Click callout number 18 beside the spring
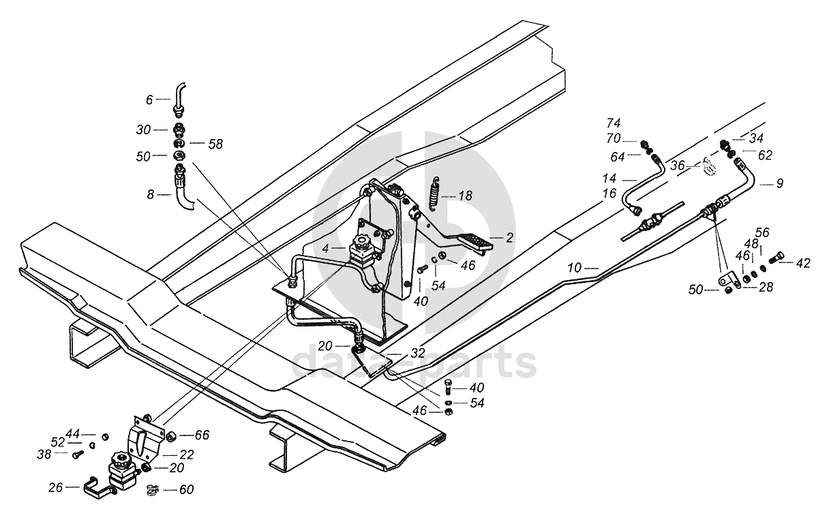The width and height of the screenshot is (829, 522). coord(465,196)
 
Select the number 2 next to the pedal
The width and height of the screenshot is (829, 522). coord(510,238)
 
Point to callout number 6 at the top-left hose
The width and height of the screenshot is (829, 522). coord(149,100)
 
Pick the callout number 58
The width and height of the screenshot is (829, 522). coord(215,144)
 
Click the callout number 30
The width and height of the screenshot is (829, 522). coord(143,130)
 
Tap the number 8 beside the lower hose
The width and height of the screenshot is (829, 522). coord(150,195)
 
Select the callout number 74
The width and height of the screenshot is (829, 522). coord(614,123)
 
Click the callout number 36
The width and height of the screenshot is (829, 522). coord(678,166)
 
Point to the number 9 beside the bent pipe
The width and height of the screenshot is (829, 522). coord(780,183)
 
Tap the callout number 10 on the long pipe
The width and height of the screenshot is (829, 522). coord(575,268)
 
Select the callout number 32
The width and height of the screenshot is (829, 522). coord(418,353)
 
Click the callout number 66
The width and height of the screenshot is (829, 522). coord(202,435)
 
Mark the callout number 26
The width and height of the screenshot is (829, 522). coord(56,488)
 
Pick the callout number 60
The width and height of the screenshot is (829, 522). coord(186,490)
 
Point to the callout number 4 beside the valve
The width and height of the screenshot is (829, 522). coord(325,249)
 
